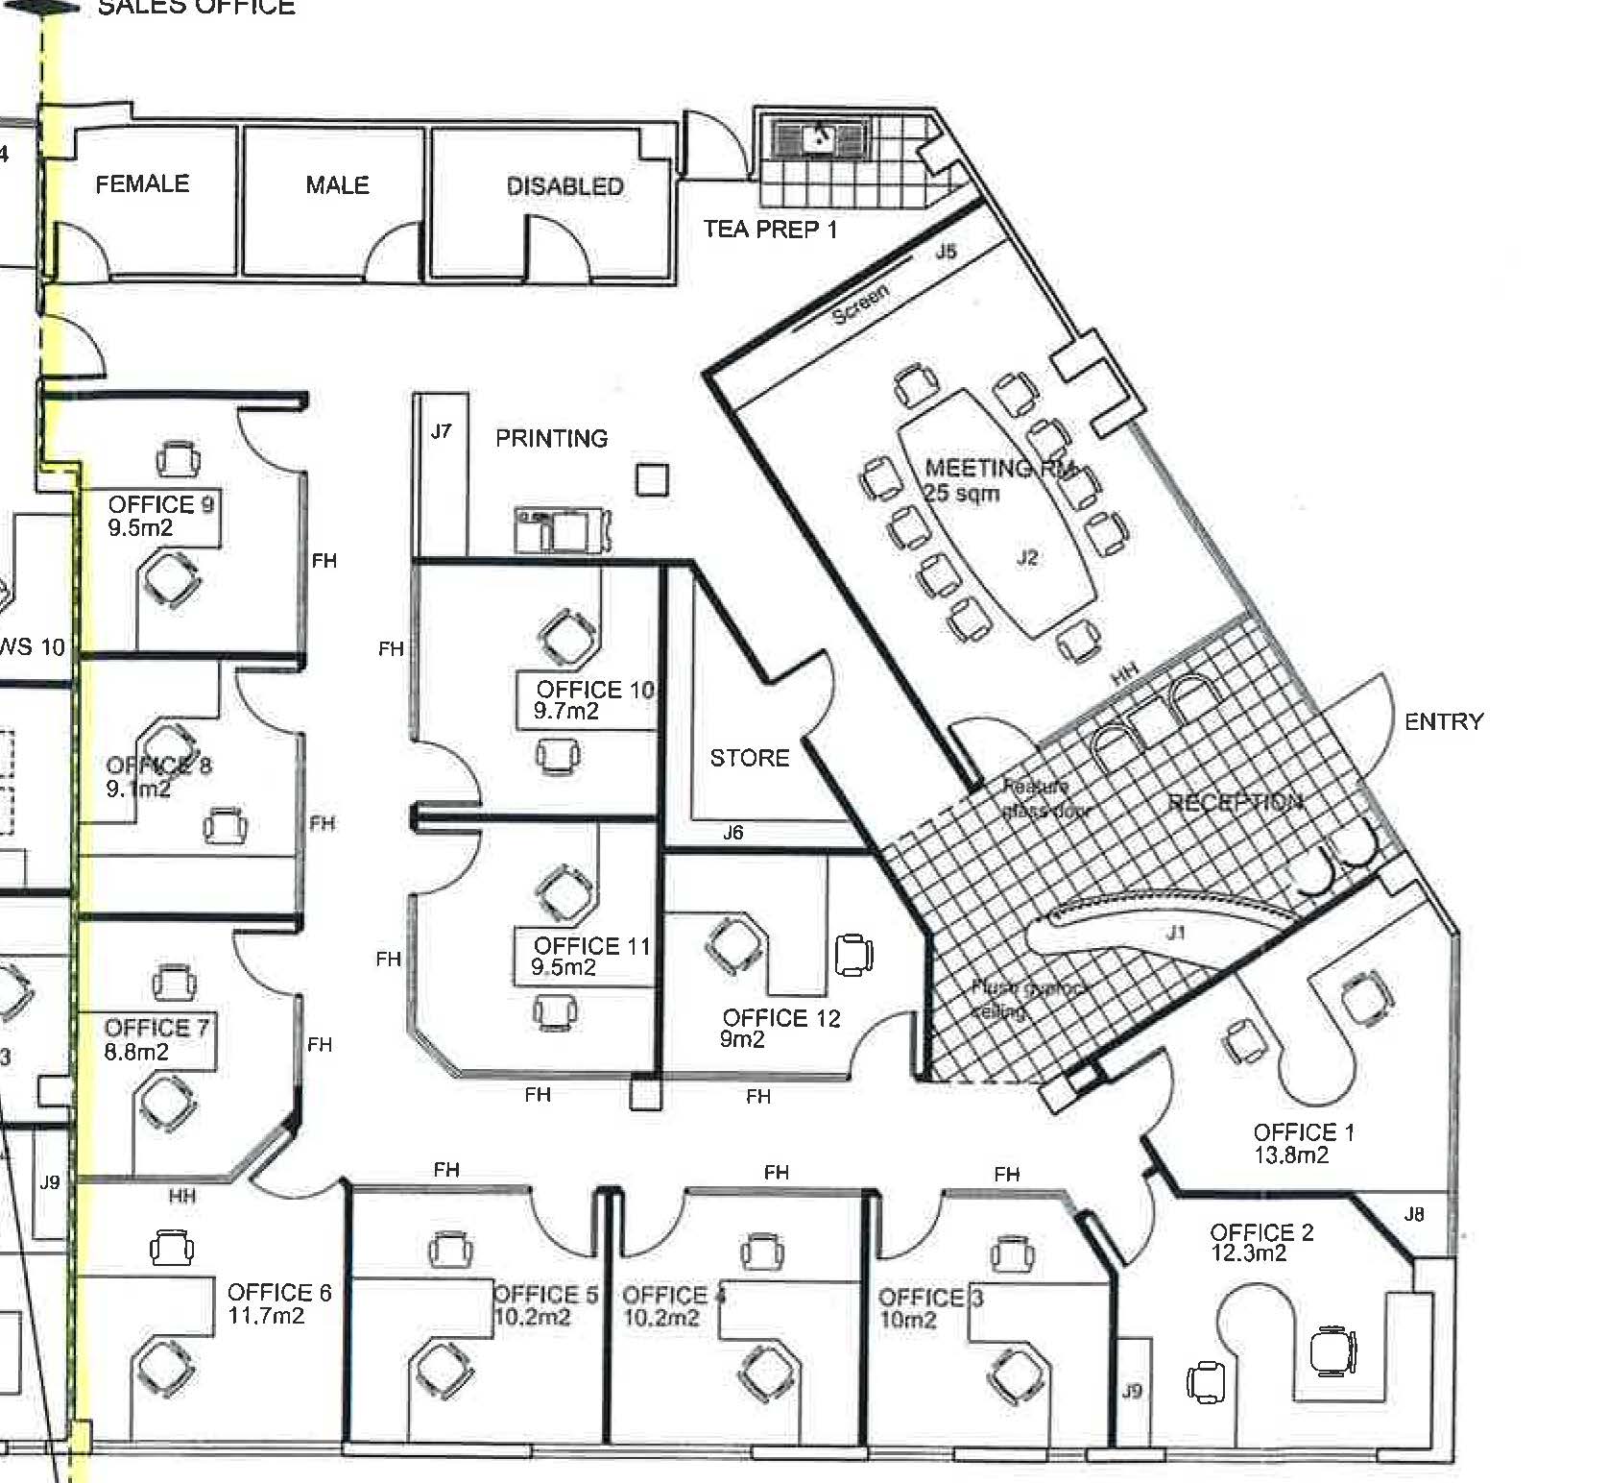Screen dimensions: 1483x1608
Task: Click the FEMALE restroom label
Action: tap(142, 183)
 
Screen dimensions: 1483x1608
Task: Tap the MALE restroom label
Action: tap(337, 184)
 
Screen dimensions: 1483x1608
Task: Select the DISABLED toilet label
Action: tap(564, 186)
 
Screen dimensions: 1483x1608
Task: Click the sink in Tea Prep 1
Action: tap(820, 138)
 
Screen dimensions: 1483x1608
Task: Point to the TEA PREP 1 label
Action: tap(770, 230)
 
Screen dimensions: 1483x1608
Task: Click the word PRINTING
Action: tap(551, 439)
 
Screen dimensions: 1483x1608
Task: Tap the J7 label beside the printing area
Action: tap(441, 431)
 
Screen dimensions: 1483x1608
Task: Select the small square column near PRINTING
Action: tap(652, 479)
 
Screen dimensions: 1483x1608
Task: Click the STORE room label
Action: tap(749, 758)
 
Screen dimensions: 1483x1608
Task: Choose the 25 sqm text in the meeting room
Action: tap(962, 494)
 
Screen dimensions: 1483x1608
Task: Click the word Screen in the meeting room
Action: tap(860, 304)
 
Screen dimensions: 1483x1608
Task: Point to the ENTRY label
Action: tap(1443, 721)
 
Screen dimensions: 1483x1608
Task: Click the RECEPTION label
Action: tap(1235, 803)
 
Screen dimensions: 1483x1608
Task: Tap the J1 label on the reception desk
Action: tap(1176, 933)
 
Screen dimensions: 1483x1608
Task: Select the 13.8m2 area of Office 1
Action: tap(1291, 1155)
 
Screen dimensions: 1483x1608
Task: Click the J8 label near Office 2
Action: tap(1414, 1214)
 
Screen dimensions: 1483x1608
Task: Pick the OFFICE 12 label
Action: tap(780, 1018)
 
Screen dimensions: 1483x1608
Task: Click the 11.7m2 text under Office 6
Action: tap(266, 1315)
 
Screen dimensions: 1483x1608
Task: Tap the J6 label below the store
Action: tap(732, 833)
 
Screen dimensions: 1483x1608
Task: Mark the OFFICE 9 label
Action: tap(160, 504)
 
